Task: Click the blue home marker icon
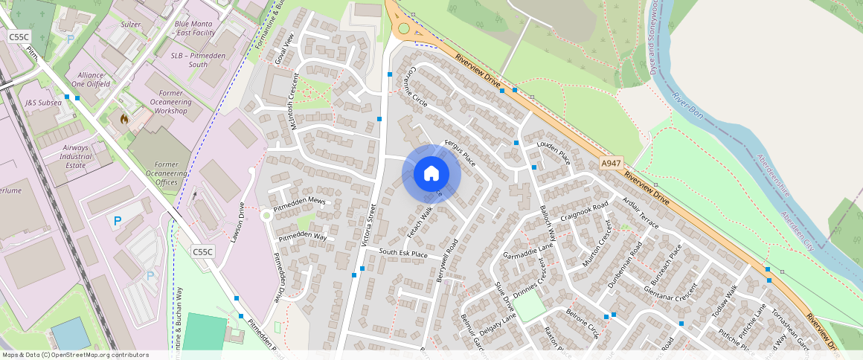coord(431,173)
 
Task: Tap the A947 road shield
coord(611,163)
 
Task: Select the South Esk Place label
coord(403,254)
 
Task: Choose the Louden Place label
coord(553,153)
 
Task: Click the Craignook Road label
coord(585,213)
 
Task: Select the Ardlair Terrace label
coord(641,213)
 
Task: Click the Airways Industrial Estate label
coord(75,156)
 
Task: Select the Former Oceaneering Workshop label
coord(171,101)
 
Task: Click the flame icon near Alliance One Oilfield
coord(124,118)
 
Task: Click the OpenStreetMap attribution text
coord(74,355)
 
